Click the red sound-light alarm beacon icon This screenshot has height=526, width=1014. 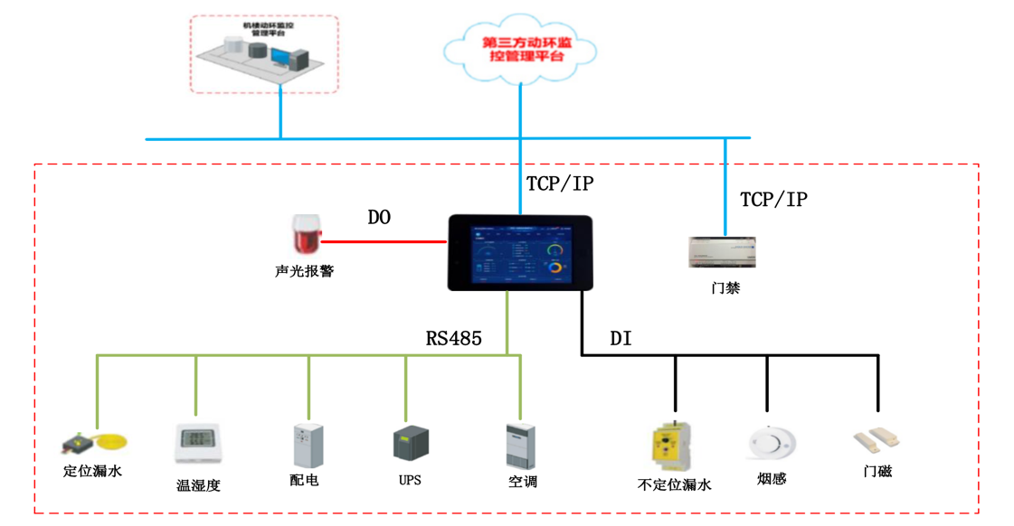click(x=306, y=235)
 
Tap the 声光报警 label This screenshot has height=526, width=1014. click(x=305, y=271)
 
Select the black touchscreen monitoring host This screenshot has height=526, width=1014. click(x=520, y=253)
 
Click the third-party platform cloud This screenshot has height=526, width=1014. click(x=522, y=49)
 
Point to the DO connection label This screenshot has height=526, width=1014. click(x=379, y=218)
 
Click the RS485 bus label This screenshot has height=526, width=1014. click(x=453, y=339)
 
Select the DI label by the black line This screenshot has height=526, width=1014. click(x=621, y=339)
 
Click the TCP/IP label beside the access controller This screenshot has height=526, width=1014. click(x=773, y=200)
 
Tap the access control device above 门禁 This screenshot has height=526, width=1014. click(x=723, y=252)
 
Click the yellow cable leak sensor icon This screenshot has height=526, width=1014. click(x=94, y=443)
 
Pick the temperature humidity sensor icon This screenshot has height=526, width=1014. click(x=198, y=443)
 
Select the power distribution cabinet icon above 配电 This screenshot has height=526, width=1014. click(x=308, y=446)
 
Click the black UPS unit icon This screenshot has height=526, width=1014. click(x=411, y=444)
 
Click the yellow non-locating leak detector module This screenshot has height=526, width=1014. click(x=674, y=446)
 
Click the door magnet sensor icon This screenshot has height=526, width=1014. click(x=877, y=441)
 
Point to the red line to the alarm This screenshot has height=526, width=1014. click(x=384, y=241)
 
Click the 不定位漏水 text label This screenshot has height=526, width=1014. click(x=674, y=485)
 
